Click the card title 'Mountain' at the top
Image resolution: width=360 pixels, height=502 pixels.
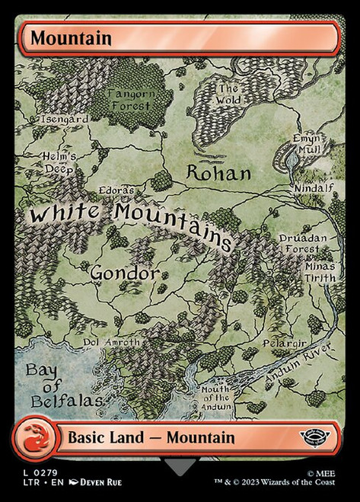61,37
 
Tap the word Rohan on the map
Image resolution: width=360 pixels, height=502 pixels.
219,173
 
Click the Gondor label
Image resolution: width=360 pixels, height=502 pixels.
125,272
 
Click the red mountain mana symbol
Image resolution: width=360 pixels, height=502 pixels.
33,437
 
